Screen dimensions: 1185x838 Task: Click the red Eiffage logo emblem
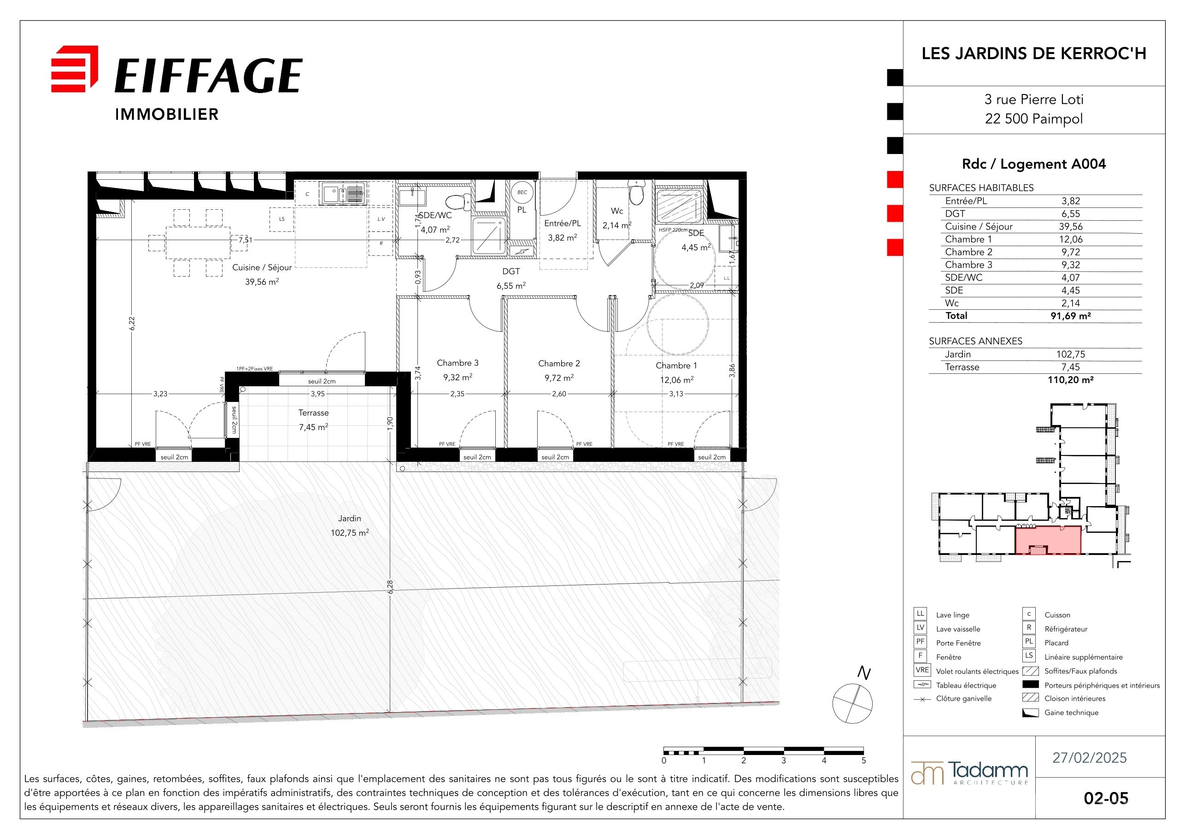click(74, 69)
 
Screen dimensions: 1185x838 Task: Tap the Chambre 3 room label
click(458, 363)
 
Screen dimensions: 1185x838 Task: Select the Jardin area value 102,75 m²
click(350, 533)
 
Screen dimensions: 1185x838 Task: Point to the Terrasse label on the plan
click(313, 413)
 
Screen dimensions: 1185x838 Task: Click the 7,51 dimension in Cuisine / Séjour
click(246, 240)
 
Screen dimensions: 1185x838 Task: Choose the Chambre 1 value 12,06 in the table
click(1070, 239)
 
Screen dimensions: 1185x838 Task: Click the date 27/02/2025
click(1090, 757)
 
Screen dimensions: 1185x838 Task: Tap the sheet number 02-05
click(1106, 798)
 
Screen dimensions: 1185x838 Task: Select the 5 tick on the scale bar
click(863, 760)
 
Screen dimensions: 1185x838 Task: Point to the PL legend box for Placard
click(1029, 642)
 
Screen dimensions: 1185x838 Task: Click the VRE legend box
click(922, 670)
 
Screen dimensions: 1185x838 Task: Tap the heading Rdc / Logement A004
click(1034, 164)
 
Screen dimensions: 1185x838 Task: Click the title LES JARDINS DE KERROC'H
click(1034, 53)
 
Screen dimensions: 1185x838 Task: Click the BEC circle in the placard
click(522, 192)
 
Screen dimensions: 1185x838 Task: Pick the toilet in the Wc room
click(636, 192)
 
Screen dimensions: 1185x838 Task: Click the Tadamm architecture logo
click(969, 773)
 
